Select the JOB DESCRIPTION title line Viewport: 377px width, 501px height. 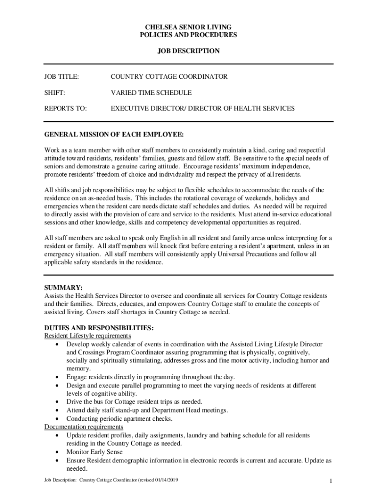point(188,51)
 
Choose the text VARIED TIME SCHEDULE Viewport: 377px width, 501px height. point(151,92)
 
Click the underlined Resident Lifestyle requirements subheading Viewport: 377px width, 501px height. point(88,336)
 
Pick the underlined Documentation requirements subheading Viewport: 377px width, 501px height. point(84,427)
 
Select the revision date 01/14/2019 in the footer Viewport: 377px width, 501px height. point(165,480)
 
